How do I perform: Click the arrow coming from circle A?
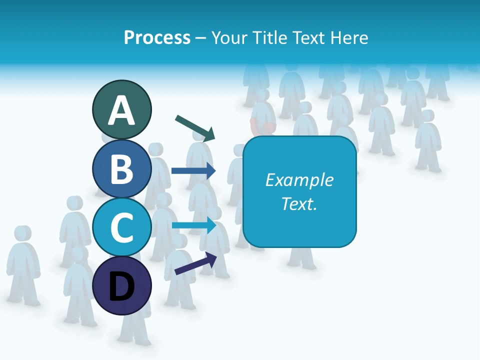tap(195, 128)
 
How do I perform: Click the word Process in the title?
tap(157, 37)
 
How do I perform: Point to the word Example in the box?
tap(299, 180)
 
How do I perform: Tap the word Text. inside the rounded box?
tap(299, 204)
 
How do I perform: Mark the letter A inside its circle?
tap(121, 110)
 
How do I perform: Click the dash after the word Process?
tap(200, 38)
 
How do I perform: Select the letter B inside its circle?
tap(121, 168)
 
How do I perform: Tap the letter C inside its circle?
tap(121, 227)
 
